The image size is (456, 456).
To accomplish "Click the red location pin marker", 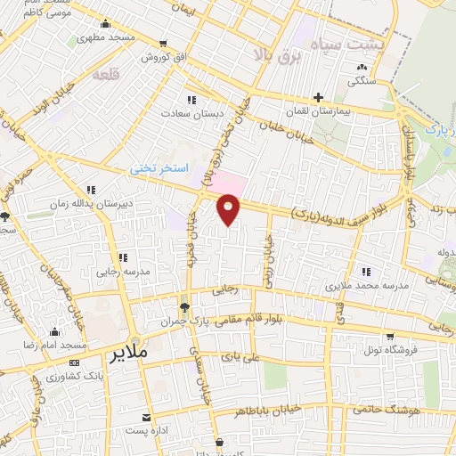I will coord(229,209).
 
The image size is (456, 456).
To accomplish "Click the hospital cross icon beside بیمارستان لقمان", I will coord(318,97).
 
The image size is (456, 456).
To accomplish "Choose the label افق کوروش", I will coord(160,56).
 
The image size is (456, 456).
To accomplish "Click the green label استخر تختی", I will coord(155,167).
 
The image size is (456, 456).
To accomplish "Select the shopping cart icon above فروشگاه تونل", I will coord(389,336).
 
